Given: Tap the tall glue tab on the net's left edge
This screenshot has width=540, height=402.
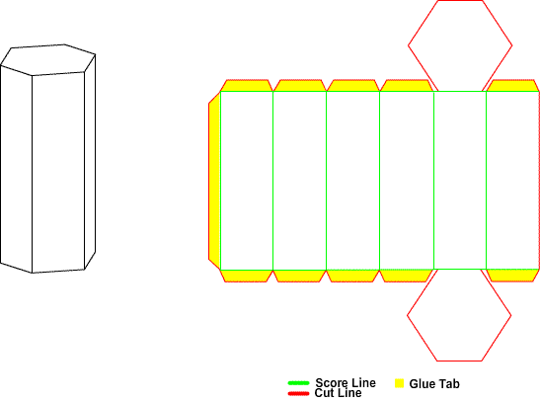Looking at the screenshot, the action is (x=214, y=181).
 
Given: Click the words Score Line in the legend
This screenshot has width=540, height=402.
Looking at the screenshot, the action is (x=346, y=382).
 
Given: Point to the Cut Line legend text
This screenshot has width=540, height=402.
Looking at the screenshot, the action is (x=338, y=393).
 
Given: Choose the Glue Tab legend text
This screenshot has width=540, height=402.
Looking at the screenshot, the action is (x=434, y=384).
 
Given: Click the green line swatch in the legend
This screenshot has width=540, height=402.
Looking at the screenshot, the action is (x=298, y=383).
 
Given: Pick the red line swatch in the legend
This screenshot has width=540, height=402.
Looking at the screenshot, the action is (x=298, y=393).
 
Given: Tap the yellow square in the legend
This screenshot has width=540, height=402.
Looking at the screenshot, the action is (x=399, y=383).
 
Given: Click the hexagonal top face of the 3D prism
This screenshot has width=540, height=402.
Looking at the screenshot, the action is (x=47, y=59).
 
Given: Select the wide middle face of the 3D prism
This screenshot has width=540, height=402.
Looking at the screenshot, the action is (x=58, y=172).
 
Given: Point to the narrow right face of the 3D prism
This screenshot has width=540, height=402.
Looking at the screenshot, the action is (x=90, y=162).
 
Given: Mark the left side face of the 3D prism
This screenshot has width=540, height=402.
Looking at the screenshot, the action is (x=16, y=169).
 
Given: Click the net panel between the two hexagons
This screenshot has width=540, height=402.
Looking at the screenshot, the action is (x=460, y=180).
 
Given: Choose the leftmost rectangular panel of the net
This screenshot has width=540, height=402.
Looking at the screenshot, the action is (x=247, y=181).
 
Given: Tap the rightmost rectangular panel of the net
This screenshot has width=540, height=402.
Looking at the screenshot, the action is (x=512, y=180).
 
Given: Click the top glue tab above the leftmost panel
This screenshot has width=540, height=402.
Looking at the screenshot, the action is (x=247, y=86).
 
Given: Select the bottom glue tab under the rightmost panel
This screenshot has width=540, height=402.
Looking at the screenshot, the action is (x=512, y=276).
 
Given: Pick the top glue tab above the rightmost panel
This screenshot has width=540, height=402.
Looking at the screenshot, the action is (x=512, y=86).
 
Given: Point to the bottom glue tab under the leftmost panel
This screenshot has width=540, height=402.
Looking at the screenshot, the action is (x=247, y=276).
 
